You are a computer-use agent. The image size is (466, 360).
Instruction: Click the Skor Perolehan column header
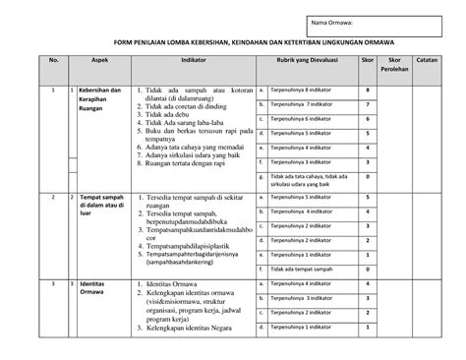[397, 67]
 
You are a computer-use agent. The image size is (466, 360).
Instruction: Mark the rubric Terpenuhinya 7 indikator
[303, 103]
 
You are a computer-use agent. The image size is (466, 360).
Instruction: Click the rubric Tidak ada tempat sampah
[306, 268]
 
